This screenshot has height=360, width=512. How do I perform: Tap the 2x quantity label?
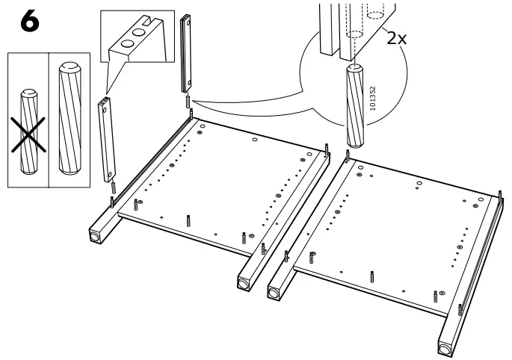pos(396,39)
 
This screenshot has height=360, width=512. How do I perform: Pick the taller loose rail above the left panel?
pos(187,52)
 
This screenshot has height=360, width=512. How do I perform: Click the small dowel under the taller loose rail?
pos(187,101)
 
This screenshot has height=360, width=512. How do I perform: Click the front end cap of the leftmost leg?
pos(95,236)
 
